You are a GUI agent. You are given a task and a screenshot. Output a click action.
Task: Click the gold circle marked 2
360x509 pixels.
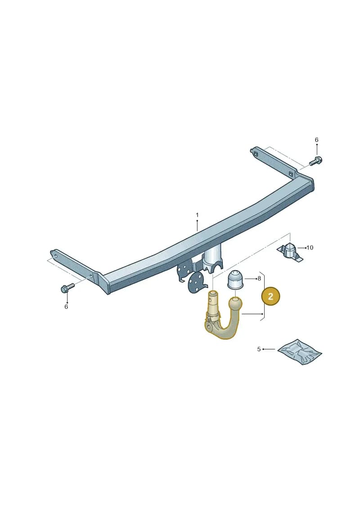[270, 296]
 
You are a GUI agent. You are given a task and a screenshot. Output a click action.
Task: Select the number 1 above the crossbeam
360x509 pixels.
[197, 215]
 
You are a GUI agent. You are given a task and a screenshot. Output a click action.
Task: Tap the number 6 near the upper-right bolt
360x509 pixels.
[316, 140]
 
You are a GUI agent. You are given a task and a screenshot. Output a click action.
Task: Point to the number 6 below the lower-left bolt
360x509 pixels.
[66, 307]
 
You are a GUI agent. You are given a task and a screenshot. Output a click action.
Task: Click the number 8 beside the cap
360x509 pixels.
[259, 279]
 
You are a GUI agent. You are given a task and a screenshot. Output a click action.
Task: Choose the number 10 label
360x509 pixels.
[310, 248]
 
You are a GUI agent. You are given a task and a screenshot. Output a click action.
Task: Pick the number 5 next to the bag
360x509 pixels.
[259, 349]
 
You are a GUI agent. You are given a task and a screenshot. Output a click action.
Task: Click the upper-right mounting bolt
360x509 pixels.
[315, 161]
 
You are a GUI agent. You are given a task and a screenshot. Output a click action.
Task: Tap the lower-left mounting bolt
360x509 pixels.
[67, 288]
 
